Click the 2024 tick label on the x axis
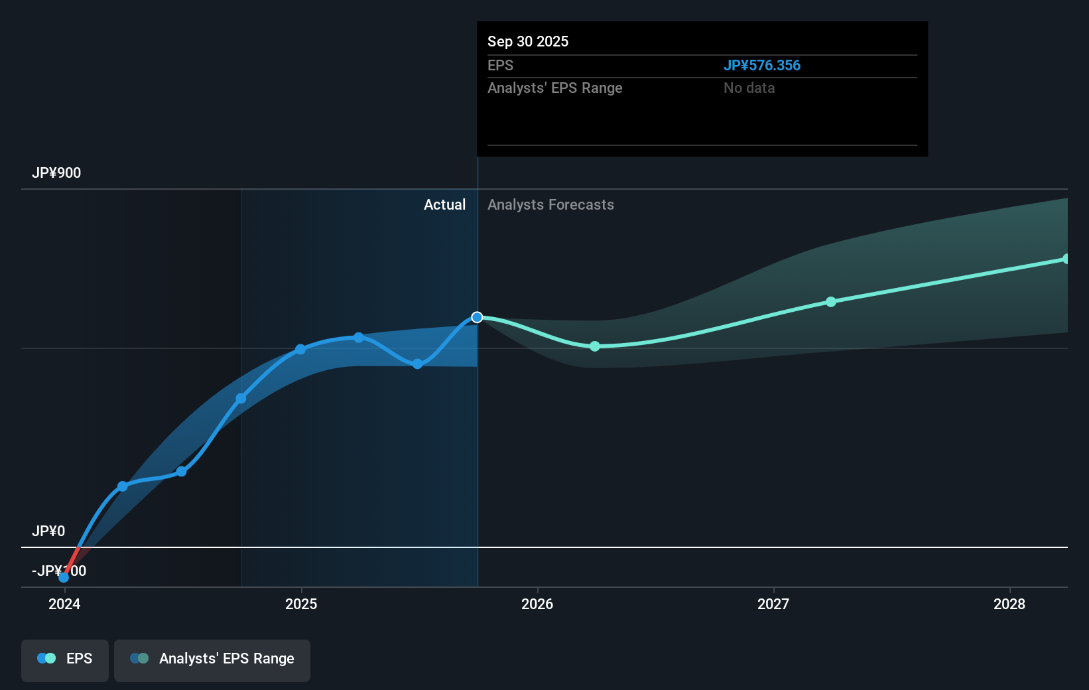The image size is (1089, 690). [x=64, y=604]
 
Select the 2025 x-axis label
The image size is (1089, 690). [x=301, y=604]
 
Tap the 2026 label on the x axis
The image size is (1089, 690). [x=537, y=604]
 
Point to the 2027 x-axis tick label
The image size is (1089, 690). [x=773, y=604]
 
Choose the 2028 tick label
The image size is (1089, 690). [x=1009, y=604]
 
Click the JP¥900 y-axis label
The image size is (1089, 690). [x=56, y=173]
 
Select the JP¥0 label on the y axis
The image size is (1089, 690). [x=48, y=531]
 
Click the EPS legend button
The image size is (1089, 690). [x=65, y=659]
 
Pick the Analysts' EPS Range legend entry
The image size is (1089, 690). [x=212, y=659]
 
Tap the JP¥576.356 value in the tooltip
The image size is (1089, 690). [x=761, y=66]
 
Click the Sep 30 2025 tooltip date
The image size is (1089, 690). [x=528, y=42]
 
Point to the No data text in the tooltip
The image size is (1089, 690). [x=749, y=88]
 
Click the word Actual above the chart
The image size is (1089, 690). [x=444, y=205]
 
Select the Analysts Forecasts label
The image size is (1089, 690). [x=550, y=205]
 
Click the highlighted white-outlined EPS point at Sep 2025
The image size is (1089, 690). [x=477, y=317]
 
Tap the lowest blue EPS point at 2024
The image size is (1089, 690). [x=64, y=577]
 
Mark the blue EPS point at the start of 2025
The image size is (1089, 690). [x=300, y=349]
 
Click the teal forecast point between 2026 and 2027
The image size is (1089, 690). [x=595, y=346]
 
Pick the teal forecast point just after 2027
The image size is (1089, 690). [x=831, y=302]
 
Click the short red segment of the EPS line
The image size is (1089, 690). [x=72, y=559]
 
